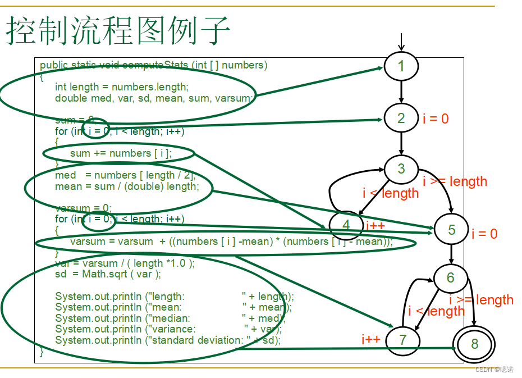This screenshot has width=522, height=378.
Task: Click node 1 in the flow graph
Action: tap(401, 66)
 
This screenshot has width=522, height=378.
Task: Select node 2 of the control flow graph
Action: tap(401, 118)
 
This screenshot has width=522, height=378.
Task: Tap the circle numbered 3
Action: tap(401, 168)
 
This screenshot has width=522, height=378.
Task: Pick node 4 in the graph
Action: tap(346, 226)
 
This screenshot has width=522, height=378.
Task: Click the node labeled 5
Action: tap(452, 230)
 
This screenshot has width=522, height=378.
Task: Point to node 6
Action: tap(451, 278)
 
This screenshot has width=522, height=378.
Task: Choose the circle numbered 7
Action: tap(402, 340)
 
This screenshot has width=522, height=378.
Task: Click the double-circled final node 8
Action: tap(474, 344)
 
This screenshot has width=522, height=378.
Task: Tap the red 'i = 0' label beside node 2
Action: tap(436, 119)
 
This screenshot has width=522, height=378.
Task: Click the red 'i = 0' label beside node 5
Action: tap(484, 234)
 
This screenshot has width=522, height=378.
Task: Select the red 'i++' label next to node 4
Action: tap(375, 225)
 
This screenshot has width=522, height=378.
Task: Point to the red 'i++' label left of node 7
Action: tap(371, 339)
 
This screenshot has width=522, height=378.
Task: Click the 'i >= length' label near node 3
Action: tap(455, 181)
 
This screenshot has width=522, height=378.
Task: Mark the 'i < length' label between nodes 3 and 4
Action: tap(391, 193)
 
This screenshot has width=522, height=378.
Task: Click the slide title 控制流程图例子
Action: tap(118, 31)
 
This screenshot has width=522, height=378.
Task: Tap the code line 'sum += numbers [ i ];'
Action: tap(121, 153)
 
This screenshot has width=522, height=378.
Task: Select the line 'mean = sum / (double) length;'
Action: tap(127, 186)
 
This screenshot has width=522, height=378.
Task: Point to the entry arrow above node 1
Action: tap(401, 41)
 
